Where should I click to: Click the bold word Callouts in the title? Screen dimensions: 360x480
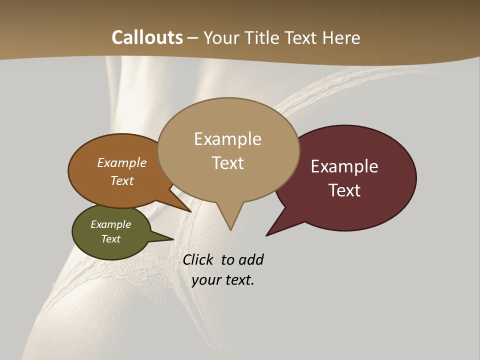(x=147, y=37)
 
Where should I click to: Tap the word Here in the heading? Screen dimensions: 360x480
(x=341, y=37)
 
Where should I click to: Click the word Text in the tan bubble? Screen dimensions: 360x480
(x=227, y=163)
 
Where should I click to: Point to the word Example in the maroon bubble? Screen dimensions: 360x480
(x=344, y=166)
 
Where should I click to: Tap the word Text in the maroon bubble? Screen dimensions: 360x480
(x=344, y=190)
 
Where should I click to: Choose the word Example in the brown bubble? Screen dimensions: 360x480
(x=121, y=162)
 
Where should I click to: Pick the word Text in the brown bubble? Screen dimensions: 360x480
(x=121, y=180)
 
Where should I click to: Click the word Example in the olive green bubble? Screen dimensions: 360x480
(x=110, y=224)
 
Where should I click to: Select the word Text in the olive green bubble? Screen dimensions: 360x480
(x=110, y=239)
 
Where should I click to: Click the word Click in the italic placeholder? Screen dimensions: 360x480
(x=197, y=260)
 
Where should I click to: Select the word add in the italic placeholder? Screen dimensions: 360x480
(x=250, y=260)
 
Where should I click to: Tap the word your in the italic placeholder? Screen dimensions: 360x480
(x=205, y=280)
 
